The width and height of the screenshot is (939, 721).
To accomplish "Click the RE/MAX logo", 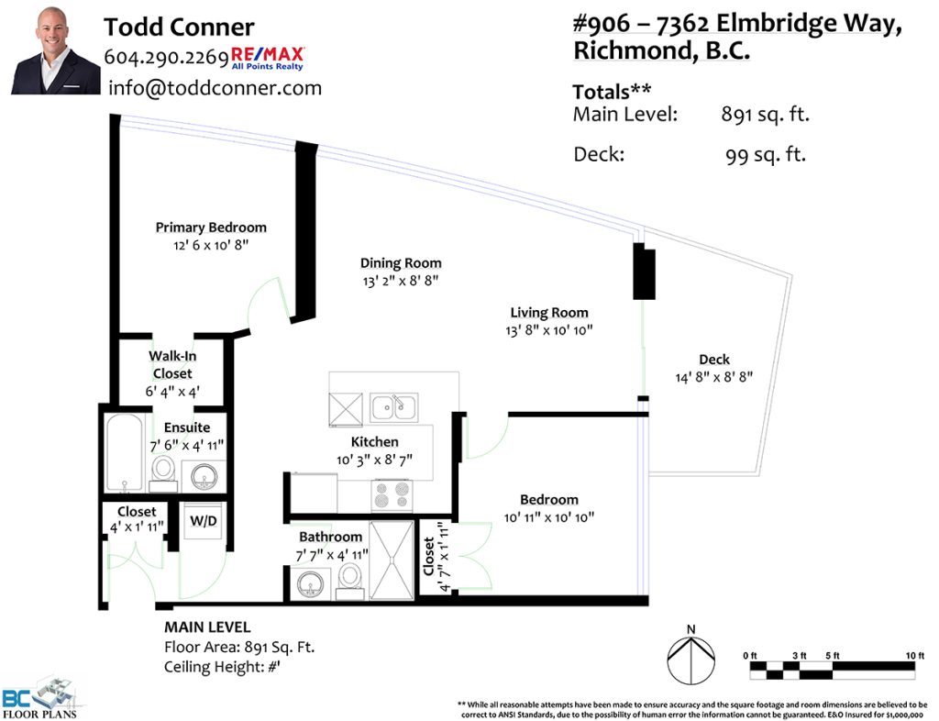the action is (268, 58).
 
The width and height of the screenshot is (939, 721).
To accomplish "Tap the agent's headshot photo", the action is (56, 50).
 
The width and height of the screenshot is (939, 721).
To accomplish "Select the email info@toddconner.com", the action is (215, 88).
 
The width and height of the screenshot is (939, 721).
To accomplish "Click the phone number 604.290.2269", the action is (166, 57).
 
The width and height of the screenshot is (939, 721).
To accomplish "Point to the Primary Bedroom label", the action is (211, 227).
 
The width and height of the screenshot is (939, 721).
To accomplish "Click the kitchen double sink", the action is (393, 408).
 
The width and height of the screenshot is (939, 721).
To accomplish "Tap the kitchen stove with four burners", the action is (392, 495).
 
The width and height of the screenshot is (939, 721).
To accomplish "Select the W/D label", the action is (203, 521).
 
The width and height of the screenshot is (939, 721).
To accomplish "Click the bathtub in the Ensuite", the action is (125, 453).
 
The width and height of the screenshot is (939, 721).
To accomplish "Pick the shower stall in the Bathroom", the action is (392, 560).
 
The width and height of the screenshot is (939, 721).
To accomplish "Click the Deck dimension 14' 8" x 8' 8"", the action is (713, 377).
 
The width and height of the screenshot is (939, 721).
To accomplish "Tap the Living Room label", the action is (549, 313).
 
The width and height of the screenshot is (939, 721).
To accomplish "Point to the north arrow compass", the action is (691, 658).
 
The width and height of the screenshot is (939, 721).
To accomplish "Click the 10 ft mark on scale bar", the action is (915, 656).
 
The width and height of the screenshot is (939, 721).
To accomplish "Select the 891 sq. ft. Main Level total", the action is (766, 114).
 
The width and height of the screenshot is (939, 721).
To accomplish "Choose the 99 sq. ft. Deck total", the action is (766, 155).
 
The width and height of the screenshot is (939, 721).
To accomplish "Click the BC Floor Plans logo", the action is (41, 698).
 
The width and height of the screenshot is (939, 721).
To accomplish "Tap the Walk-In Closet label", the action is (172, 365).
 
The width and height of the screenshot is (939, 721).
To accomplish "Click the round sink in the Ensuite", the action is (204, 477).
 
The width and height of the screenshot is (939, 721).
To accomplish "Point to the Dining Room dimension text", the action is (401, 281).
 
